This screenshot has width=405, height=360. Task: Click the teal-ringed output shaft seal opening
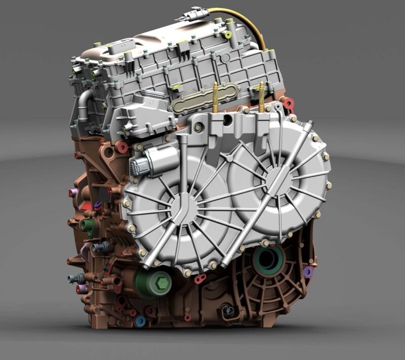(268, 259)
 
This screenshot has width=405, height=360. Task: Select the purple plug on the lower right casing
(307, 272)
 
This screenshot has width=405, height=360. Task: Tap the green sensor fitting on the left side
(89, 225)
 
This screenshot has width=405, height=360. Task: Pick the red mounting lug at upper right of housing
(288, 104)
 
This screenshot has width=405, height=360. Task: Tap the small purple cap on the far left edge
(71, 192)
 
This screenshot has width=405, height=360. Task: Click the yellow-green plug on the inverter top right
(228, 35)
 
